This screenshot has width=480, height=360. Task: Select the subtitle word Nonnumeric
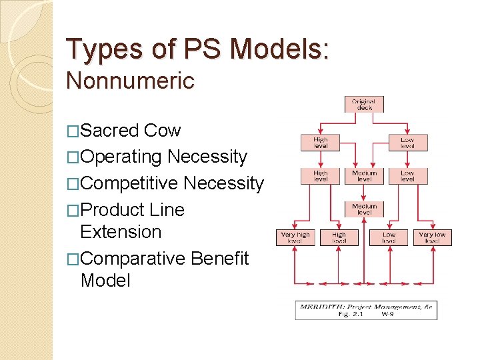click(x=131, y=81)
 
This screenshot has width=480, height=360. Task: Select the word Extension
click(x=121, y=232)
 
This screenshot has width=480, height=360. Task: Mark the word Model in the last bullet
click(x=105, y=280)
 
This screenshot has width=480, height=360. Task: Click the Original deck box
click(x=365, y=105)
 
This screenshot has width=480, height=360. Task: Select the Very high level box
click(x=295, y=237)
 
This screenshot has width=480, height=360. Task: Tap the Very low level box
click(x=432, y=237)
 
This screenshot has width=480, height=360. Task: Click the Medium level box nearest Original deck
click(x=365, y=176)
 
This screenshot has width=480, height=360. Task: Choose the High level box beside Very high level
click(x=339, y=237)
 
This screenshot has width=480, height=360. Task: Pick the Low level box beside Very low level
click(x=389, y=237)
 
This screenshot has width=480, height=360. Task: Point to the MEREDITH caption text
click(x=365, y=307)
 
